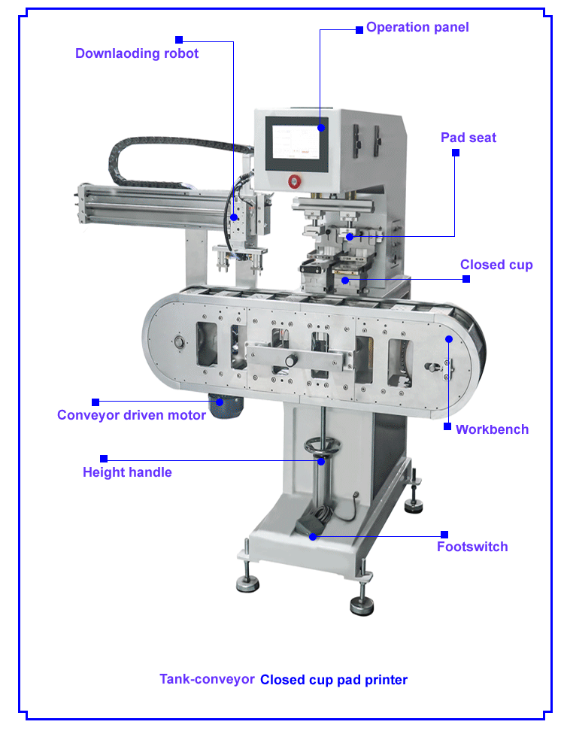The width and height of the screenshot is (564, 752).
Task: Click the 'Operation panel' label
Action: click(417, 27)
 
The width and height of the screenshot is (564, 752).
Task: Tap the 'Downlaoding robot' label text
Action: click(137, 53)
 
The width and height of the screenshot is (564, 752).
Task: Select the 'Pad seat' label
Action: click(468, 138)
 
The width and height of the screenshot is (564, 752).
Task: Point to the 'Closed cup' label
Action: click(496, 265)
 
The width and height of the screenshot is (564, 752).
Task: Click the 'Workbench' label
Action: click(492, 429)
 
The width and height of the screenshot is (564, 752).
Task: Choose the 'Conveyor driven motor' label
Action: click(132, 415)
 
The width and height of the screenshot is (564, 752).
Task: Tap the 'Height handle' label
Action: click(127, 472)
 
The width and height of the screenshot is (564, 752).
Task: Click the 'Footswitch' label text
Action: click(472, 547)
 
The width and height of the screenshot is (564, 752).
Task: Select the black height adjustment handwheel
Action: click(321, 449)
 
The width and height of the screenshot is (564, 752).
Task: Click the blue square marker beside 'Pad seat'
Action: click(455, 153)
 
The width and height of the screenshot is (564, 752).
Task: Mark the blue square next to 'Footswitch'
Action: click(444, 535)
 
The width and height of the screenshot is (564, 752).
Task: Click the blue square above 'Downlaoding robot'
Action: click(179, 39)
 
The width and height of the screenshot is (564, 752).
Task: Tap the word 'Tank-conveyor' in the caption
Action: click(207, 679)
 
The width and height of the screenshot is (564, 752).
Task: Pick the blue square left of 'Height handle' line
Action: click(104, 458)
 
